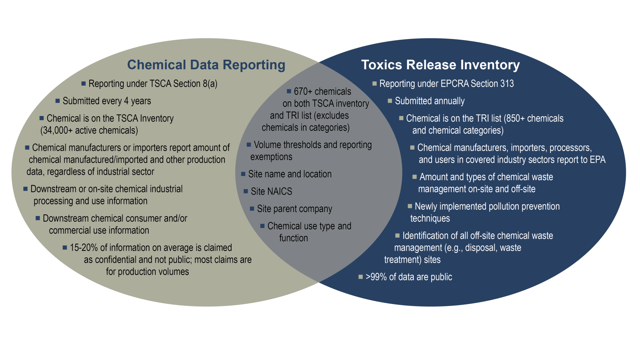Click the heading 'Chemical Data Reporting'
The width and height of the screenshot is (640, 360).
tap(206, 65)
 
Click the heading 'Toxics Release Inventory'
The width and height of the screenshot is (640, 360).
tap(440, 65)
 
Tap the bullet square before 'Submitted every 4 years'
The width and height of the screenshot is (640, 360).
tap(58, 101)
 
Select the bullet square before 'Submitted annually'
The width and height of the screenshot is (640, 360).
tap(390, 101)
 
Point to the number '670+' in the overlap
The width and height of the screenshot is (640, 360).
tap(303, 91)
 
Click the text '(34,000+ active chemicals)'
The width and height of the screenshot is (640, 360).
tap(89, 130)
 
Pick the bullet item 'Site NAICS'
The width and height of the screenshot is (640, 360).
tap(271, 191)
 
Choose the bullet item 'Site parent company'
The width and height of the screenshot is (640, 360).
tap(294, 209)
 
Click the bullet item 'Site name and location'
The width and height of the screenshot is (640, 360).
tap(290, 174)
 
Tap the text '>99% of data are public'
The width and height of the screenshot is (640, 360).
tap(409, 277)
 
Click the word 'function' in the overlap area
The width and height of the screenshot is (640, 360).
tap(293, 238)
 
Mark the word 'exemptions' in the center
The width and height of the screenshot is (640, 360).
tap(271, 157)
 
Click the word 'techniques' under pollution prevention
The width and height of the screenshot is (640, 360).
tap(430, 218)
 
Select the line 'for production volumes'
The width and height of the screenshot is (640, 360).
tap(147, 272)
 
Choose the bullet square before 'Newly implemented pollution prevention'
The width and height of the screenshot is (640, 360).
tap(410, 206)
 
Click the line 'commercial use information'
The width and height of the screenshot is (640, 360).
tap(99, 230)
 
